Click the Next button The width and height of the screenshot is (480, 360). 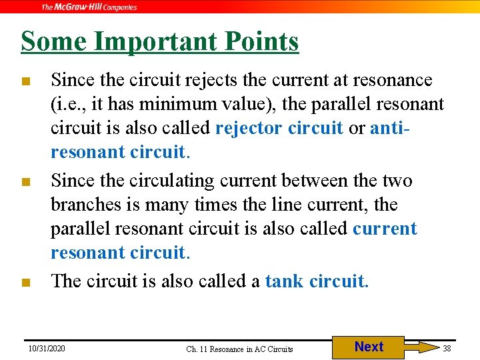point(369,347)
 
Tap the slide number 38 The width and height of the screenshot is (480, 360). point(447,348)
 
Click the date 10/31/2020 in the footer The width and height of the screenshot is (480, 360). point(47,348)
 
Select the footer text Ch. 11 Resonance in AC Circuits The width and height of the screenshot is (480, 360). point(239,349)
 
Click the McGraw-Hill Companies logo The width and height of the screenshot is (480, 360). point(89,7)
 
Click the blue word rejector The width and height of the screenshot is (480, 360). point(248,128)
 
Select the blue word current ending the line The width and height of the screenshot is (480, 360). point(385,229)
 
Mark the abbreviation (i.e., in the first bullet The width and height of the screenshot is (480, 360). point(67,105)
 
